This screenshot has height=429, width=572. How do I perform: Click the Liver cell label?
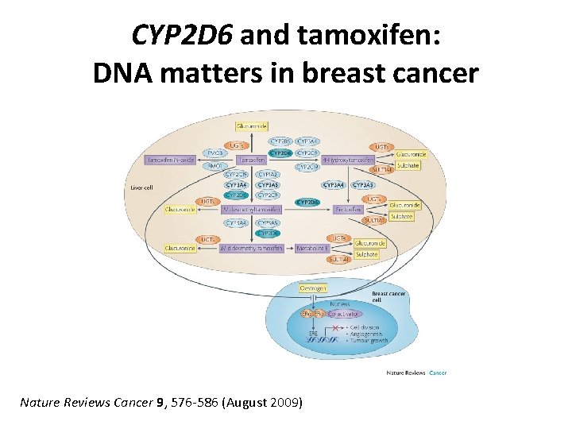pyautogui.click(x=141, y=188)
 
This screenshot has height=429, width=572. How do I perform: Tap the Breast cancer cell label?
pyautogui.click(x=388, y=297)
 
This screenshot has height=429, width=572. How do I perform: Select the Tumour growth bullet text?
pyautogui.click(x=366, y=340)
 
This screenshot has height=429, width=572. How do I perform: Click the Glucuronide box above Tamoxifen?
pyautogui.click(x=252, y=125)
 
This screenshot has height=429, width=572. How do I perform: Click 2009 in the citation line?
pyautogui.click(x=285, y=403)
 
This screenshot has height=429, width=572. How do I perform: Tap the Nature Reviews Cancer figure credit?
pyautogui.click(x=416, y=372)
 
